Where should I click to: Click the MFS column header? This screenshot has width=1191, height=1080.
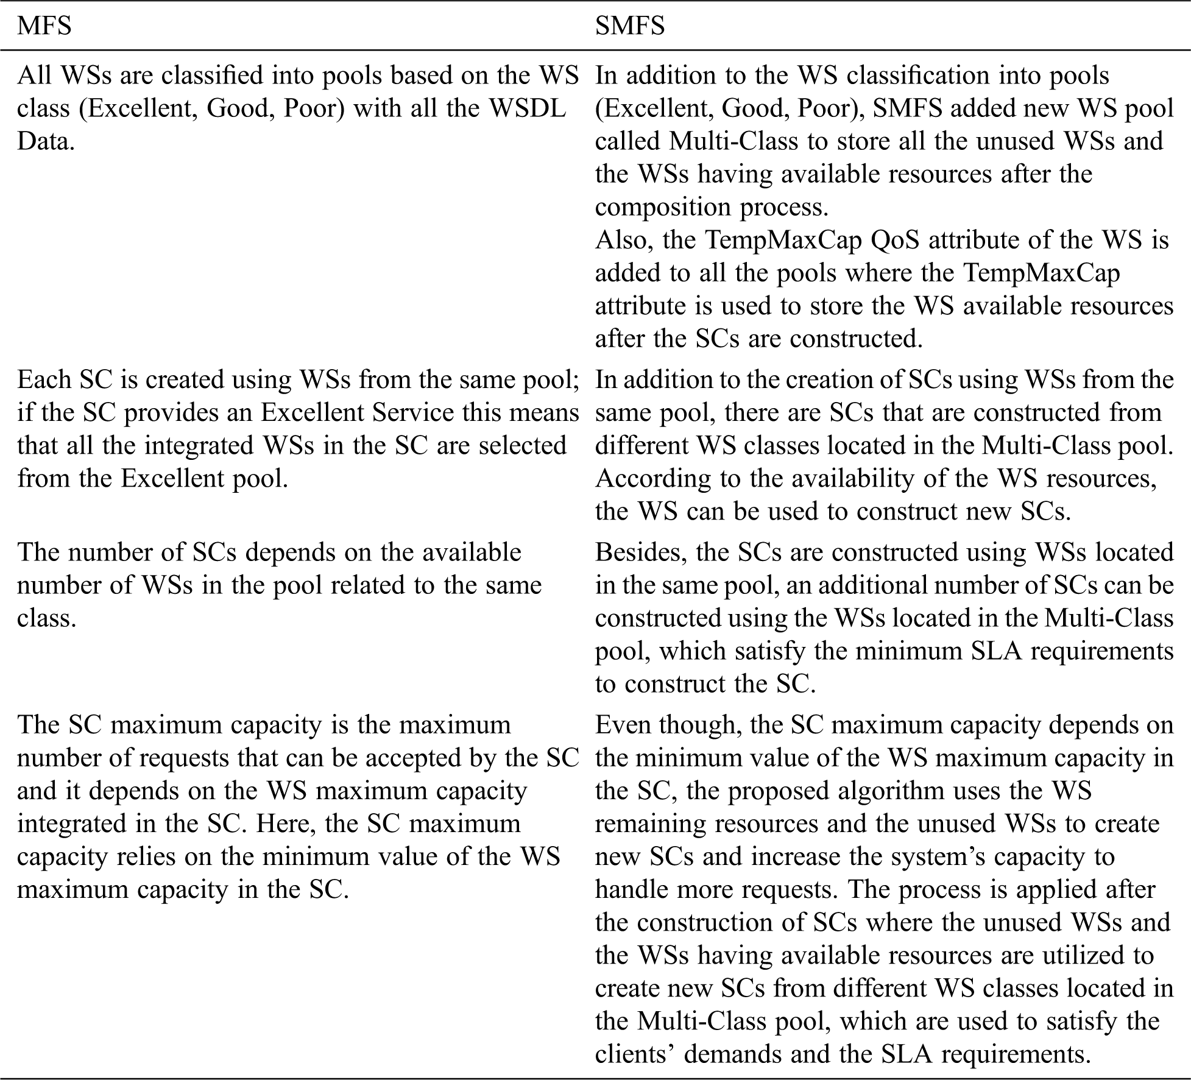tap(44, 26)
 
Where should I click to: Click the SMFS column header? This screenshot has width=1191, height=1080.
tap(629, 26)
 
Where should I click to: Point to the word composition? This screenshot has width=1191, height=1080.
tap(660, 207)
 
